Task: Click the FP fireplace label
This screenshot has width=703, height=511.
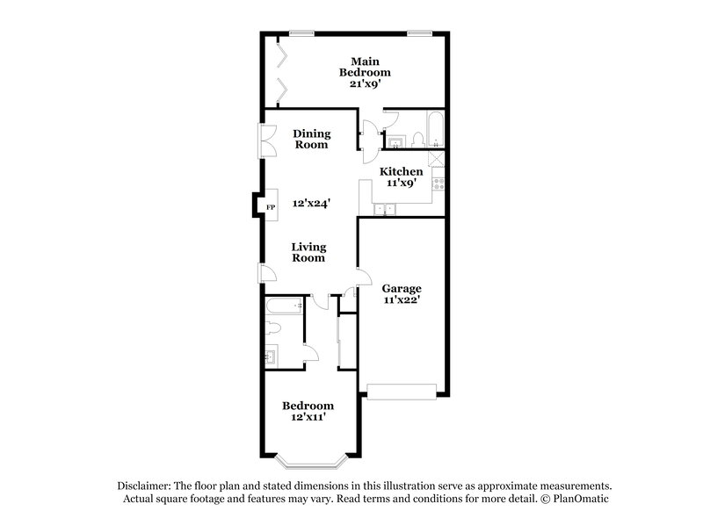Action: click(271, 206)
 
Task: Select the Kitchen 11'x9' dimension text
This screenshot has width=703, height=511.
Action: click(401, 184)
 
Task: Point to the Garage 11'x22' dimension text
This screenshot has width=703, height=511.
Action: click(401, 300)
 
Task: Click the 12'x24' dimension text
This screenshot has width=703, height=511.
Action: click(311, 204)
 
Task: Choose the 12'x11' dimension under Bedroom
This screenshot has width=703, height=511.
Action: click(307, 418)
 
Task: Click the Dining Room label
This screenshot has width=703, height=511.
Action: click(311, 139)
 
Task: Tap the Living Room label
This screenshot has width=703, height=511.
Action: click(308, 252)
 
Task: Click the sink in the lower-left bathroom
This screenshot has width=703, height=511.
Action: click(272, 356)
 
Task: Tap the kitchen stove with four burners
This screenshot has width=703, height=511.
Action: click(438, 186)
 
